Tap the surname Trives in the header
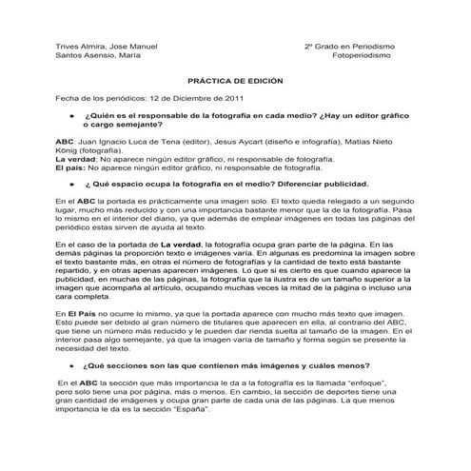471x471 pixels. (x=69, y=47)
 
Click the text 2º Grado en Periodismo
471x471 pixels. (x=349, y=47)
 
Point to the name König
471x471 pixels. (x=69, y=149)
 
